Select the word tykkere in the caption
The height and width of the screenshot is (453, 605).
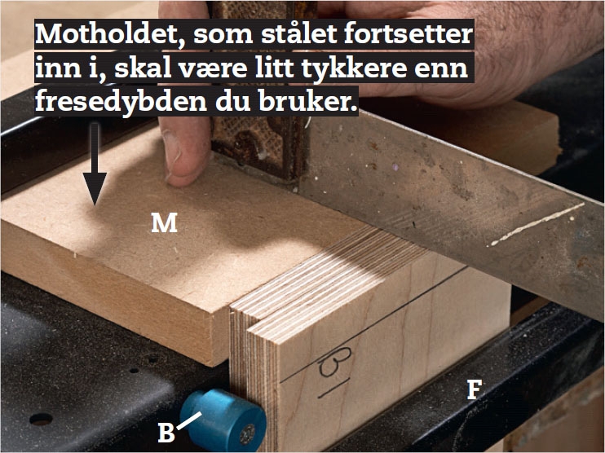(x=353, y=68)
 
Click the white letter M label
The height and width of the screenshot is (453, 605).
(x=164, y=222)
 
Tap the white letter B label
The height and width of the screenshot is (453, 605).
(x=166, y=433)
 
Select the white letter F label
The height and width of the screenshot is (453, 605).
(x=475, y=389)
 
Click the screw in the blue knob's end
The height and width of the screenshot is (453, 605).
(x=247, y=434)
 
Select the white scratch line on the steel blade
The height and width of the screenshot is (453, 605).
(x=537, y=224)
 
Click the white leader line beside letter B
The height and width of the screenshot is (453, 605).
(x=189, y=420)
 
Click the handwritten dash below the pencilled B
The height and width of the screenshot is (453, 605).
(x=334, y=389)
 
